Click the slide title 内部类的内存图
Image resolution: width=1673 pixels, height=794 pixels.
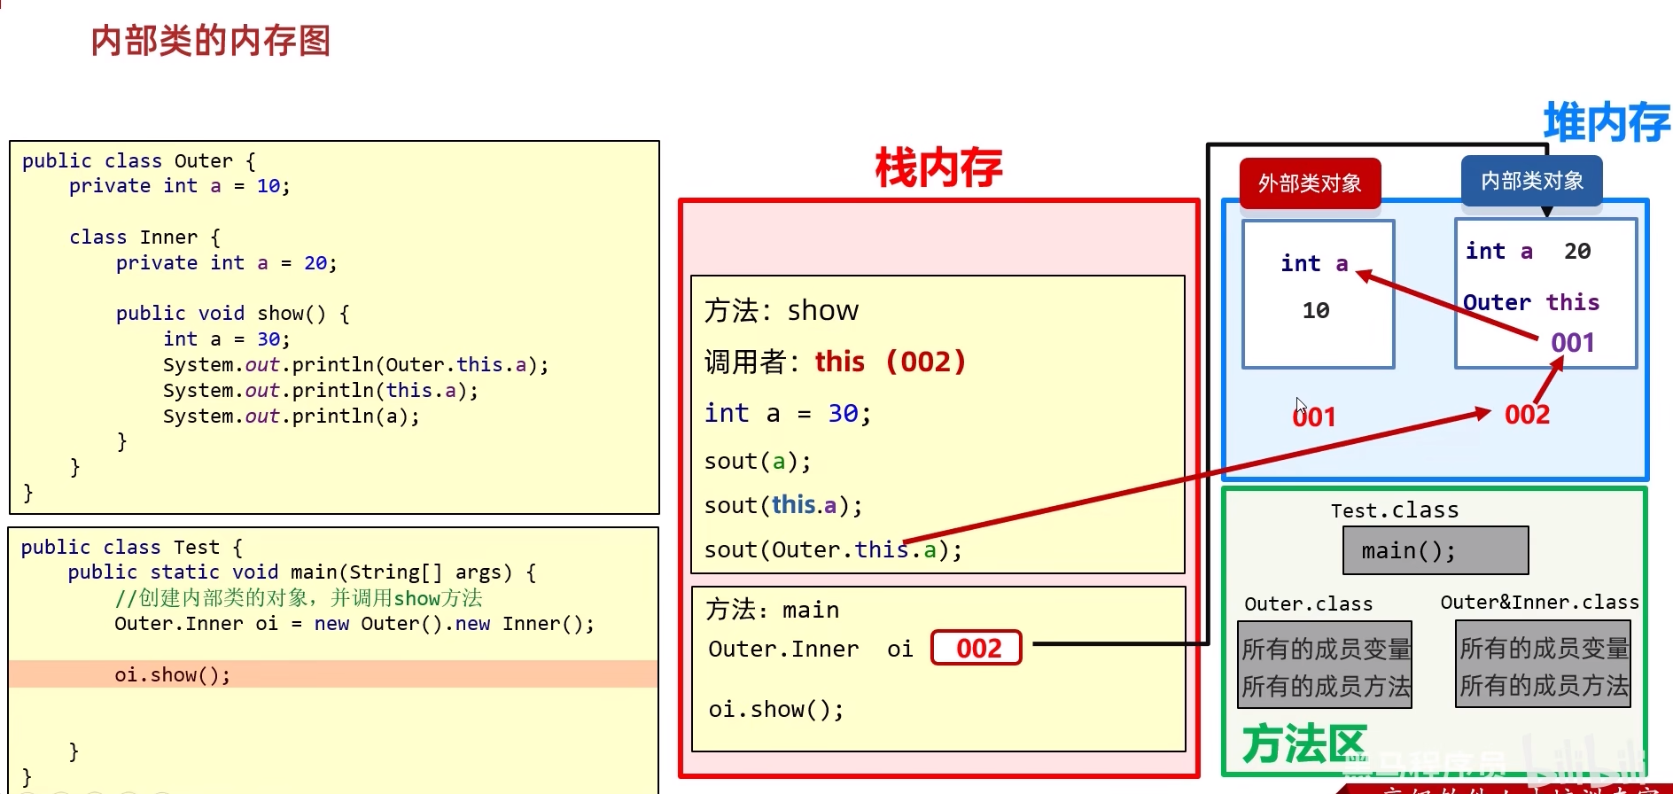[x=211, y=41]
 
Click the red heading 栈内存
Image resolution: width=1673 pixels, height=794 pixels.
[x=938, y=167]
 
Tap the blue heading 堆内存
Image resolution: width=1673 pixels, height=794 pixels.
[x=1606, y=121]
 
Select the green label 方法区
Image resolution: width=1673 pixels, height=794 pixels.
[x=1303, y=743]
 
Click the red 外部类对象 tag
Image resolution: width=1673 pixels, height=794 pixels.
[x=1310, y=183]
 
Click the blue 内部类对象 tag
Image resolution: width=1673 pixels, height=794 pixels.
[x=1531, y=181]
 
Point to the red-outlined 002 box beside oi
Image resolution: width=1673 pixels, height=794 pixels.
[x=977, y=648]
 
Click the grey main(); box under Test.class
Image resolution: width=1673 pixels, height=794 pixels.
[x=1435, y=550]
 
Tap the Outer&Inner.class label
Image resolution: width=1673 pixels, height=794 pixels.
[x=1539, y=603]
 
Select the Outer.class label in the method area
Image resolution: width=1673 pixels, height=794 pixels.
[x=1308, y=604]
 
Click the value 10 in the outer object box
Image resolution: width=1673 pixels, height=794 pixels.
[x=1316, y=311]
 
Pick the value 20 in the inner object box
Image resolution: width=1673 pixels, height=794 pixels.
[x=1577, y=252]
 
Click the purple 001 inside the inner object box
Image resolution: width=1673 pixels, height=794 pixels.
[x=1573, y=343]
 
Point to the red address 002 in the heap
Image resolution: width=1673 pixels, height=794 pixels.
[x=1527, y=415]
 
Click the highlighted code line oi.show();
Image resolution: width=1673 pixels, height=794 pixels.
[x=173, y=675]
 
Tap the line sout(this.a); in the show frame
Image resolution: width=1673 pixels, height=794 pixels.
[x=783, y=505]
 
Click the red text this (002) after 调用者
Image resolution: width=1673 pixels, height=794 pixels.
[x=890, y=362]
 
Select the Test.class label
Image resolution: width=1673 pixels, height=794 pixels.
[x=1394, y=510]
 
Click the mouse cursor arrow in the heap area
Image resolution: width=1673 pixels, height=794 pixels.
[x=1300, y=406]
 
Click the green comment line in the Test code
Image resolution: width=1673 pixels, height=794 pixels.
[x=299, y=598]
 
